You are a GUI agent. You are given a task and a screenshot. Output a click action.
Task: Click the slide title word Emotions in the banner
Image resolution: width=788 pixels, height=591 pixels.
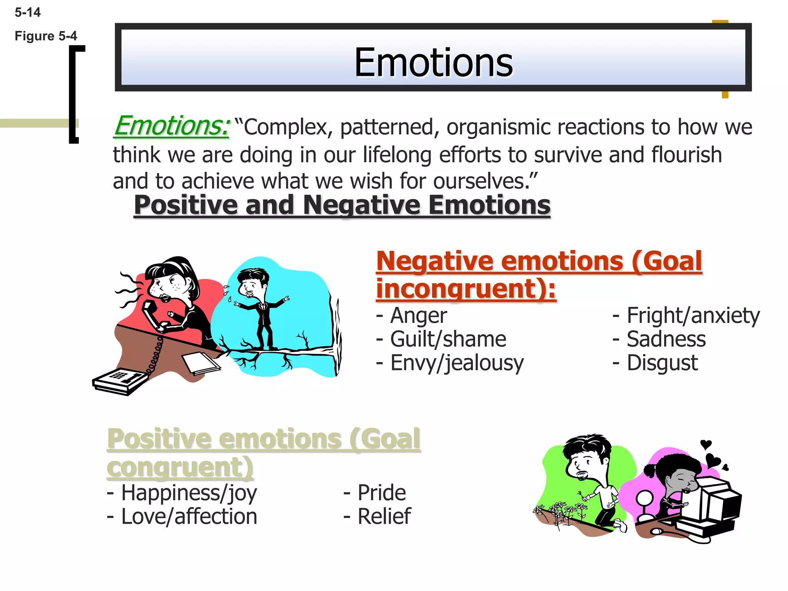coord(433,63)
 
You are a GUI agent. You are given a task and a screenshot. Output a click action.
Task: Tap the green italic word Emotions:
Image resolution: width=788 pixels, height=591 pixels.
coord(172,126)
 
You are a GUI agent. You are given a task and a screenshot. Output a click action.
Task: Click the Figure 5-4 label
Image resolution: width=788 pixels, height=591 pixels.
coord(46,36)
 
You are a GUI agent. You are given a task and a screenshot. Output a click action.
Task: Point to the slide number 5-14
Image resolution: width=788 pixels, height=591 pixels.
coord(27,12)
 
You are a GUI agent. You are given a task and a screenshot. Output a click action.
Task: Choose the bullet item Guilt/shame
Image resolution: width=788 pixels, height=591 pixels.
coord(447,339)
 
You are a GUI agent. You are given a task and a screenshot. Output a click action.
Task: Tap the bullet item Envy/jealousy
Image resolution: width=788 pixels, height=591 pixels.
coord(456,363)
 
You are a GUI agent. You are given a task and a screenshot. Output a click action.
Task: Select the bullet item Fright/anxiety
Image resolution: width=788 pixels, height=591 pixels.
coord(693,316)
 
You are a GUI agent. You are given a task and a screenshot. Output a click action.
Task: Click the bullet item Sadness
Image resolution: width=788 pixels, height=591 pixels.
coord(666,339)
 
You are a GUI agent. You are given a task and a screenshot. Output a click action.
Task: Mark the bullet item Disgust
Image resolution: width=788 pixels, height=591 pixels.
coord(662,363)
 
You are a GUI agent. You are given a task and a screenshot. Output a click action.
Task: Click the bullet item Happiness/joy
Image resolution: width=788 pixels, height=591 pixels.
coord(189,493)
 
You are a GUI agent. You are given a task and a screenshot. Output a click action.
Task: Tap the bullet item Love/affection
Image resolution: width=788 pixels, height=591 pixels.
coord(189,516)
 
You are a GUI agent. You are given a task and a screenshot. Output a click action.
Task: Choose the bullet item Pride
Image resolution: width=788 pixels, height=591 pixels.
coord(381,493)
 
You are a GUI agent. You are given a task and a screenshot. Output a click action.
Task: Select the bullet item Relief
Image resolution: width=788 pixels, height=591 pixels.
coord(384,516)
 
